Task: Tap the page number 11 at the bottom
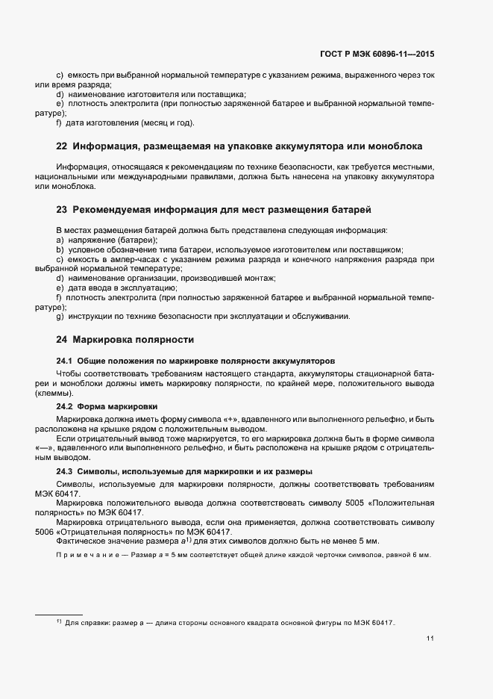point(430,639)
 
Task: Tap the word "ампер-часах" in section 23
point(127,259)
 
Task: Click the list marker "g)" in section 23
point(60,317)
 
